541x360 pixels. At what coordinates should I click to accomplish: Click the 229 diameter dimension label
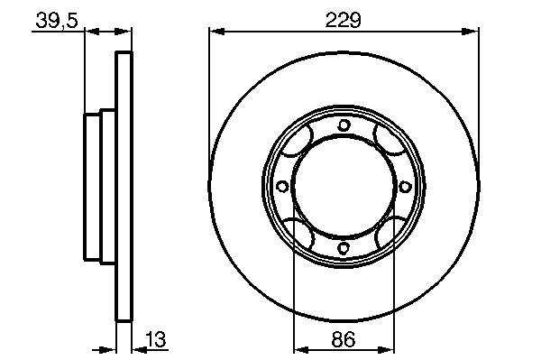point(343,20)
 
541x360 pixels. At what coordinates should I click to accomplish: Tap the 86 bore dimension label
point(343,339)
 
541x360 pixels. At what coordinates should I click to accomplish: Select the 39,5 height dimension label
point(57,21)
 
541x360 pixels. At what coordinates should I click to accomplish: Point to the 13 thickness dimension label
point(156,339)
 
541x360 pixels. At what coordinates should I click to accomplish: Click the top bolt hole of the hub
point(344,125)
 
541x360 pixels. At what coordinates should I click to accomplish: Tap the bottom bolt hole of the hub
point(344,247)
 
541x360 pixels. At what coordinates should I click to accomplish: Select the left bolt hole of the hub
point(282,187)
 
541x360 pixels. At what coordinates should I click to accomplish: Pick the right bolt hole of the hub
point(405,187)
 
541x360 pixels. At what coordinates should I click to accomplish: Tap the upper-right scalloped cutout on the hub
point(389,140)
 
